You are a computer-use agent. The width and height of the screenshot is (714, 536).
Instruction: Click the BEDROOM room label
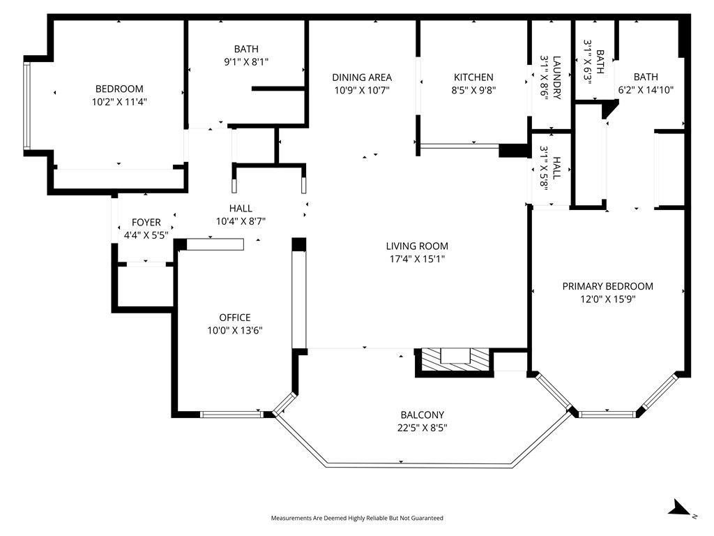pos(119,89)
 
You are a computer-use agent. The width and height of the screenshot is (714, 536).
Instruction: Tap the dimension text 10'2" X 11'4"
pos(119,101)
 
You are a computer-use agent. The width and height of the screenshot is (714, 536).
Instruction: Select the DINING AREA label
pos(361,77)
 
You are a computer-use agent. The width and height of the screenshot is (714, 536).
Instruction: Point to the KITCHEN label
pos(473,77)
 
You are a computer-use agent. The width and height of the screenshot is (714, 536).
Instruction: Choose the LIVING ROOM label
pos(417,246)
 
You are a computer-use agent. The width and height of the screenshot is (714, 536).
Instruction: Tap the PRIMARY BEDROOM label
pos(607,286)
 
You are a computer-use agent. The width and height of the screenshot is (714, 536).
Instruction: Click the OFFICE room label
pos(234,318)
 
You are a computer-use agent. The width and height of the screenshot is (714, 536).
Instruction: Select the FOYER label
pos(146,223)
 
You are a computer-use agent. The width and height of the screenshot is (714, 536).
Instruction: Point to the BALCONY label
pos(422,415)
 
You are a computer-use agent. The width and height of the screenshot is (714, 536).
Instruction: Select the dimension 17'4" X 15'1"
pos(417,259)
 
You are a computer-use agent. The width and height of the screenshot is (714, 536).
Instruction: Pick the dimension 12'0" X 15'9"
pos(607,299)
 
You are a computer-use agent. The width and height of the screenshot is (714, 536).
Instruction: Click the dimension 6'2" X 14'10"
pos(645,90)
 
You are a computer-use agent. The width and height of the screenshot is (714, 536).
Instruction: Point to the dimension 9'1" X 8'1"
pos(245,61)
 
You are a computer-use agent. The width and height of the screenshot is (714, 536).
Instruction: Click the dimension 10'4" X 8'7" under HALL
pos(241,221)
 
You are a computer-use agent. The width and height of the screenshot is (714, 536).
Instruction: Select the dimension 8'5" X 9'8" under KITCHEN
pos(473,90)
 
